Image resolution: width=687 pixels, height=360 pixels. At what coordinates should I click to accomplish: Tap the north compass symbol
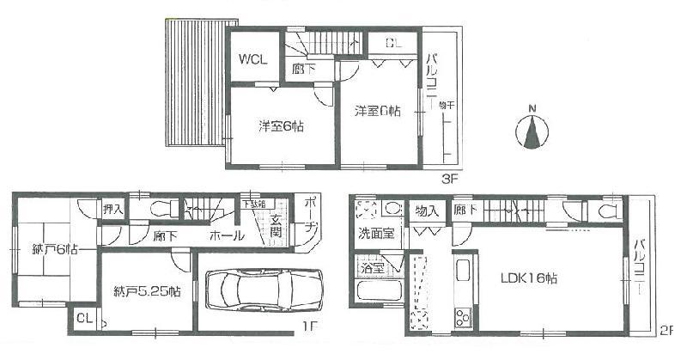pos(532,132)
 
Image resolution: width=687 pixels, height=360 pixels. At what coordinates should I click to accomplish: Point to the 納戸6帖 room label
pos(37,249)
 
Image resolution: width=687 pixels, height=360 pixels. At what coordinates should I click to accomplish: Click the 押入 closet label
pos(112,209)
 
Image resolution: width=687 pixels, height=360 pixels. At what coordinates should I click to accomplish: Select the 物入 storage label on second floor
pos(427,211)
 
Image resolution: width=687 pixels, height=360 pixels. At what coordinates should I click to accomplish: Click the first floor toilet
pos(161,207)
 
